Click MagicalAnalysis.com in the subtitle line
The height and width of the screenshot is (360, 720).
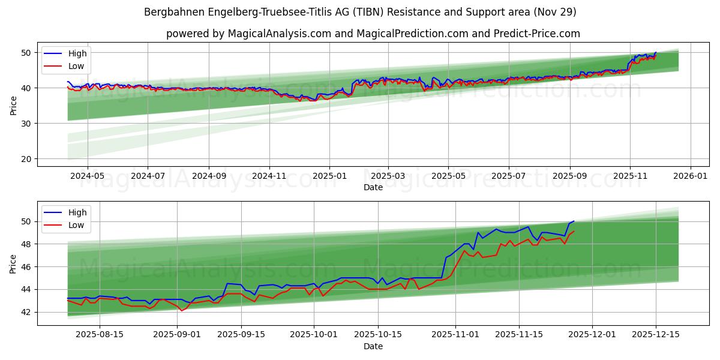tap(280, 34)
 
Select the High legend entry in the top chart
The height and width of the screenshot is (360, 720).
tap(77, 53)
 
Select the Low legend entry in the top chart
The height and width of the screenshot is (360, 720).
tap(76, 66)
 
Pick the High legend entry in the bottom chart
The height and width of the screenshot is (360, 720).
tap(77, 212)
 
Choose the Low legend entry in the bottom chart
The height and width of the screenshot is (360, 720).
tap(76, 225)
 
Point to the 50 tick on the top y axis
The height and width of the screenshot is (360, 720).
tap(26, 53)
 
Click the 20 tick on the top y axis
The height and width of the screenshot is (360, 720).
tap(26, 159)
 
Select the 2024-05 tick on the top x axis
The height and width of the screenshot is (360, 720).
tap(88, 176)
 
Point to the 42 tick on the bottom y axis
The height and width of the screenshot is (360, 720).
tap(26, 312)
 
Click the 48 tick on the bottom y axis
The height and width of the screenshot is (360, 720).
tap(26, 244)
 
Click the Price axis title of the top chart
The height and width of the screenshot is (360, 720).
tap(13, 105)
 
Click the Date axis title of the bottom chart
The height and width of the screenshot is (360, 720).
tap(373, 346)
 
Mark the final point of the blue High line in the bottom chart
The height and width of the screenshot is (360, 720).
tap(574, 221)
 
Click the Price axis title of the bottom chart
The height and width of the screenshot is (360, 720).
tap(13, 263)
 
